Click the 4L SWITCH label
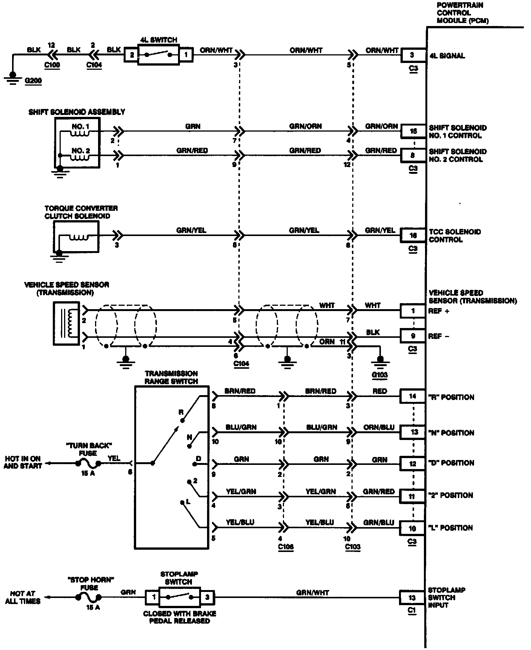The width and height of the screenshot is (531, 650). pos(158,40)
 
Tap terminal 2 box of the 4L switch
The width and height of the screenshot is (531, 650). pos(132,55)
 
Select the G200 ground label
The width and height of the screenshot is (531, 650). pos(33,81)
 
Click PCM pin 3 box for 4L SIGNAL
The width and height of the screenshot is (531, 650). pos(412,55)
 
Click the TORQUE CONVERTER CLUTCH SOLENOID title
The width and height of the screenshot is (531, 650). pos(81,212)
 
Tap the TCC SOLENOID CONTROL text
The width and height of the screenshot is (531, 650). pos(454,235)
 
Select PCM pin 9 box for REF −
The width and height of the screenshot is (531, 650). pos(413,336)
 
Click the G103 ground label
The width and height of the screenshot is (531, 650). pos(379,375)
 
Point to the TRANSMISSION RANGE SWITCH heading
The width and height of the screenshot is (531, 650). pos(171,377)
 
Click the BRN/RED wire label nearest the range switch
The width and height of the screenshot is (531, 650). pos(240,391)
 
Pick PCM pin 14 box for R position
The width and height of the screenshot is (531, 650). pos(413,396)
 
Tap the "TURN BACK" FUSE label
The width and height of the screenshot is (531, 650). pos(88,449)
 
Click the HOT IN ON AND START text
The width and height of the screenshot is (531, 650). pos(23,462)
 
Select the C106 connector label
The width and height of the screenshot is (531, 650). pos(285,547)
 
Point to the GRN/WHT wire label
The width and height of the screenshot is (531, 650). pos(312,593)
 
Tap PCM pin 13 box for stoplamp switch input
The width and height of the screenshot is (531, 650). pos(412,597)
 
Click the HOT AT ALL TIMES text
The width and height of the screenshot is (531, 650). pos(23,597)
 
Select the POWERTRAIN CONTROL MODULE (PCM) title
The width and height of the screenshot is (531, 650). pos(462,13)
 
